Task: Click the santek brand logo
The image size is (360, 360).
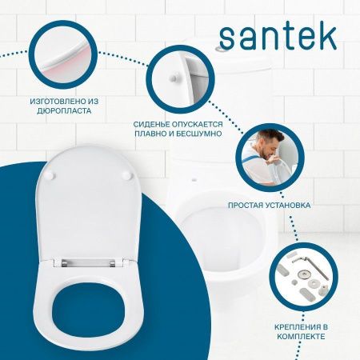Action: point(278,35)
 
